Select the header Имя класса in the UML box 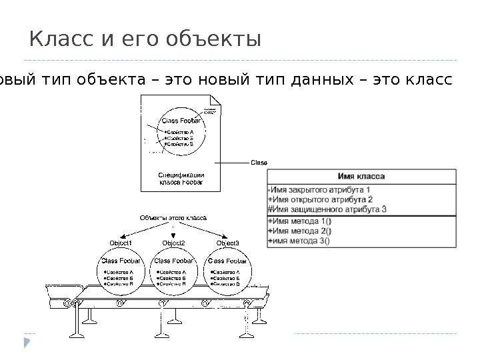(x=361, y=177)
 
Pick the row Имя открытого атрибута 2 (x=320, y=199)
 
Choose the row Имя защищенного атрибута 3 (x=327, y=209)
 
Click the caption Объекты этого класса (x=173, y=217)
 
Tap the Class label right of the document (x=259, y=162)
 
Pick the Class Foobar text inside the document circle (x=183, y=121)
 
